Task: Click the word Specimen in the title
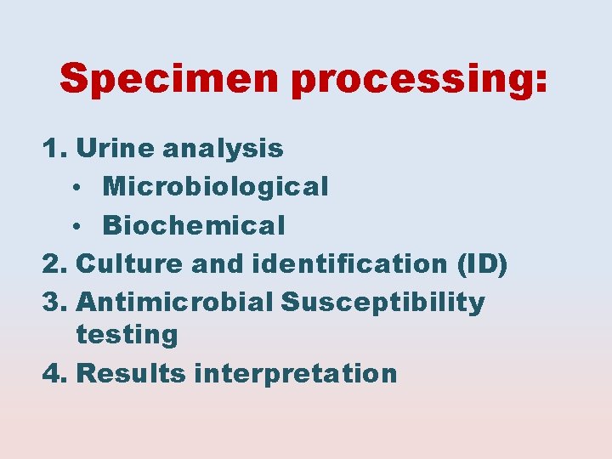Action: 171,80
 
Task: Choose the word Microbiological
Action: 215,187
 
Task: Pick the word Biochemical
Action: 194,225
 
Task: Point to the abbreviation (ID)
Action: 481,264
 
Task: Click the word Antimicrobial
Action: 175,302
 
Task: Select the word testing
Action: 127,336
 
